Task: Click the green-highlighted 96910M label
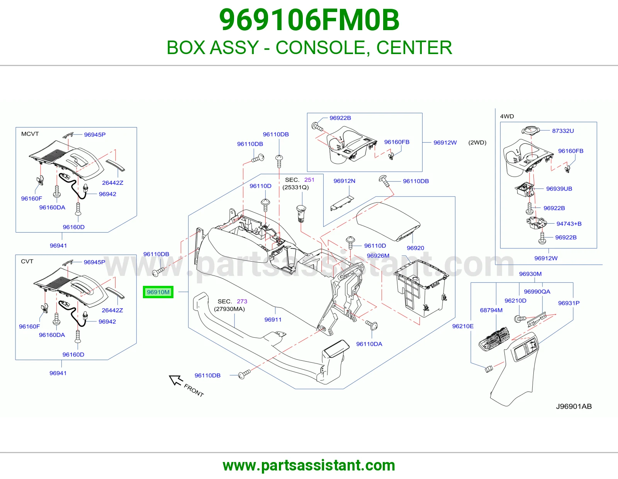(158, 292)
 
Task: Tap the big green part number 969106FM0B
(309, 20)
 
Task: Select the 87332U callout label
(563, 131)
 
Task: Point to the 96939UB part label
(559, 189)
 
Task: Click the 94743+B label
(569, 224)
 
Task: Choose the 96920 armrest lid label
(415, 248)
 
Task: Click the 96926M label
(378, 256)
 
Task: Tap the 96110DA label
(369, 344)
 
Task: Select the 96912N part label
(344, 181)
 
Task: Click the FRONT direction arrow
(176, 380)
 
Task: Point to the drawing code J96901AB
(574, 406)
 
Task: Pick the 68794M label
(491, 310)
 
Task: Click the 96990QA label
(537, 292)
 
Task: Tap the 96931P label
(569, 303)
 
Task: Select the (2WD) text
(477, 143)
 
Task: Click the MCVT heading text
(30, 134)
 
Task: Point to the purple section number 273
(242, 301)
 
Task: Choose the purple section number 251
(309, 180)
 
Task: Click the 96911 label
(273, 319)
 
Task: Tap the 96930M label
(530, 274)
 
